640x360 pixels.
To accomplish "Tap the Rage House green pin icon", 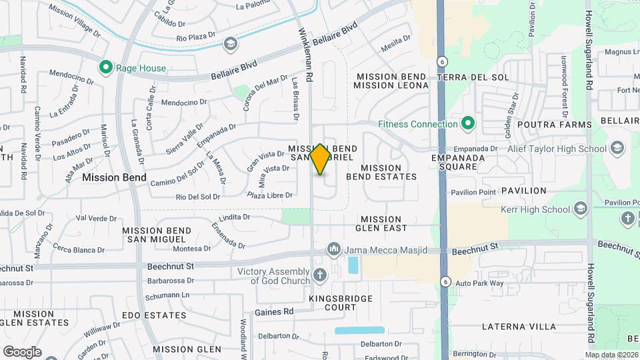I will click(105, 67).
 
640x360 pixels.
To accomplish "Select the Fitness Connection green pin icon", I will click(468, 123).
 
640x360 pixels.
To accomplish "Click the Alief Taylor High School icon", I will click(617, 147).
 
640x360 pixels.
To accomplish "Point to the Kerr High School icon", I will click(580, 209).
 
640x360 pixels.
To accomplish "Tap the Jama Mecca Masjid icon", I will click(333, 250).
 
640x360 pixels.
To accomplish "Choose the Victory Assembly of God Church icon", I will click(320, 275).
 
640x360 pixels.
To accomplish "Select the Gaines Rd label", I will click(274, 311).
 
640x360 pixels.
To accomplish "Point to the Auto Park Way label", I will click(479, 283).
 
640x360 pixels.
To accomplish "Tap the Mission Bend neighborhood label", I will click(115, 177).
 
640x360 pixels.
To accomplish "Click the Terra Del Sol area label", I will click(473, 77).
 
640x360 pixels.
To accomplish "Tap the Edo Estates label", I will click(154, 315).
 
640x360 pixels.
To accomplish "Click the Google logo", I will click(22, 351).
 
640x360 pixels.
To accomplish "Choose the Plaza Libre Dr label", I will click(270, 195).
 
